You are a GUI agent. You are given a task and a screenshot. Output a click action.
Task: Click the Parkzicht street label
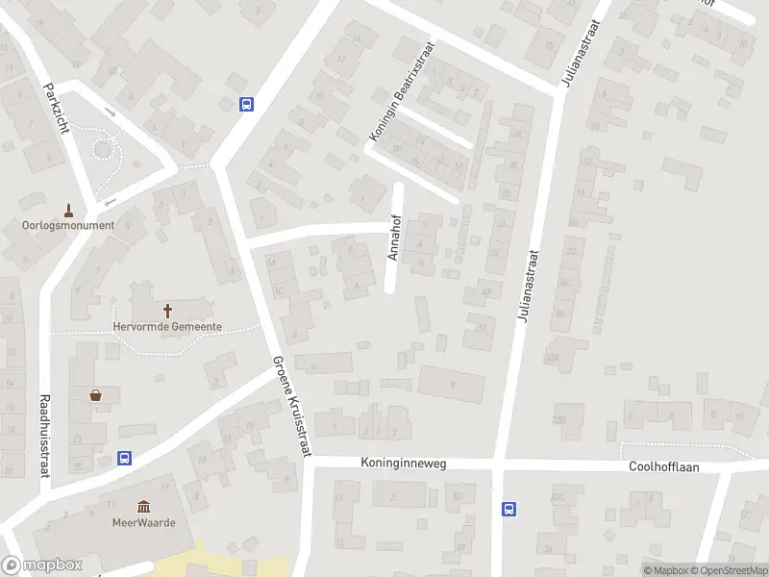tap(57, 108)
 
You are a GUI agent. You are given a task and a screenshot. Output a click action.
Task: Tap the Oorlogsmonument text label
tap(68, 226)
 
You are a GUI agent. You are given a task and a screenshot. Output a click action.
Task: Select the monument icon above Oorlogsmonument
tap(68, 210)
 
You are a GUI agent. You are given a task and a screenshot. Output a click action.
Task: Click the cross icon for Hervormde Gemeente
tap(168, 311)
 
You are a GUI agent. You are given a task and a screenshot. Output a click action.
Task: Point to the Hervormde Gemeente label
tap(168, 327)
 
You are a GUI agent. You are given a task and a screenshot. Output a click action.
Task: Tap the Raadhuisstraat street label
tap(44, 436)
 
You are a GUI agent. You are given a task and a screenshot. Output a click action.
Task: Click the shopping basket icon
tap(96, 394)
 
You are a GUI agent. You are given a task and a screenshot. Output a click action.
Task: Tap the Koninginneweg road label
tap(404, 464)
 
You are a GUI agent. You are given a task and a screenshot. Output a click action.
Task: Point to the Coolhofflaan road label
tap(663, 465)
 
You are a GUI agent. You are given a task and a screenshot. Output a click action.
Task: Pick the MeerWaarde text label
tap(143, 523)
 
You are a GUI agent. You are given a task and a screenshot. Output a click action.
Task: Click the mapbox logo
tap(42, 565)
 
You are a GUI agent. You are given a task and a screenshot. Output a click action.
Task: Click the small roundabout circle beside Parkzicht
tap(104, 149)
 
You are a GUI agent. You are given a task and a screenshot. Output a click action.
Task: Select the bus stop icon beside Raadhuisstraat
tap(124, 459)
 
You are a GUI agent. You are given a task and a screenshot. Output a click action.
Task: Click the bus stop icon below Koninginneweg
tap(509, 510)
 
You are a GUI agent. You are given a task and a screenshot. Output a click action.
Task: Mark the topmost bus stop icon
tap(247, 104)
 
